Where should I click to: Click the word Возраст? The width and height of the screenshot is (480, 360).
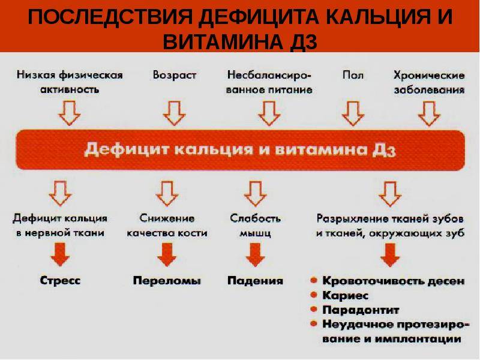coord(175,76)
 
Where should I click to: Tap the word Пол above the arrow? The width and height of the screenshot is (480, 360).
coord(353,75)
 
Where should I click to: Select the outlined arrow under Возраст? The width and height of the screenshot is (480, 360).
coord(174,113)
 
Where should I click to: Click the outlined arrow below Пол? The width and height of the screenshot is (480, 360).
coord(353,113)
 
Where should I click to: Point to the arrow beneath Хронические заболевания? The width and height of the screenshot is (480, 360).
coord(429,113)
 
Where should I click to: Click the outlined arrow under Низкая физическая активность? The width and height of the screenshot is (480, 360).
coord(70,113)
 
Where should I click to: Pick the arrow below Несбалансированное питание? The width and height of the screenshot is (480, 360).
coord(269,113)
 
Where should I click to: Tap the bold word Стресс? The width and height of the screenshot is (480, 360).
coord(61,280)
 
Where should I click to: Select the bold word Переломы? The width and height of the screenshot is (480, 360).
coord(167,281)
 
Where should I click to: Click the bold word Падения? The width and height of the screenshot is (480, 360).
coord(256,281)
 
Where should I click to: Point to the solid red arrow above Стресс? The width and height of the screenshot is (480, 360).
coord(60,254)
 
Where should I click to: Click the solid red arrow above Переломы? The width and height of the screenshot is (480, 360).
coord(167,254)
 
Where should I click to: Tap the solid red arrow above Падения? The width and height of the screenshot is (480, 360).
coord(256,254)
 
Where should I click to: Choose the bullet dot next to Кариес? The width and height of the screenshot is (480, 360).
coord(313,295)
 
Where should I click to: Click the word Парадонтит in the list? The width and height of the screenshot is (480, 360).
coord(361,310)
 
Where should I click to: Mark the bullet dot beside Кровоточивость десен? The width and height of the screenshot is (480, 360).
coord(313,280)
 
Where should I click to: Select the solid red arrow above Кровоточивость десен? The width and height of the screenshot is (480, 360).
coord(390,254)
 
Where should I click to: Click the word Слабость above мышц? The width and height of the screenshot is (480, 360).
coord(256,218)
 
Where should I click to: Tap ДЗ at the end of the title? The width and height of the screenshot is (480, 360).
coord(303,41)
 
